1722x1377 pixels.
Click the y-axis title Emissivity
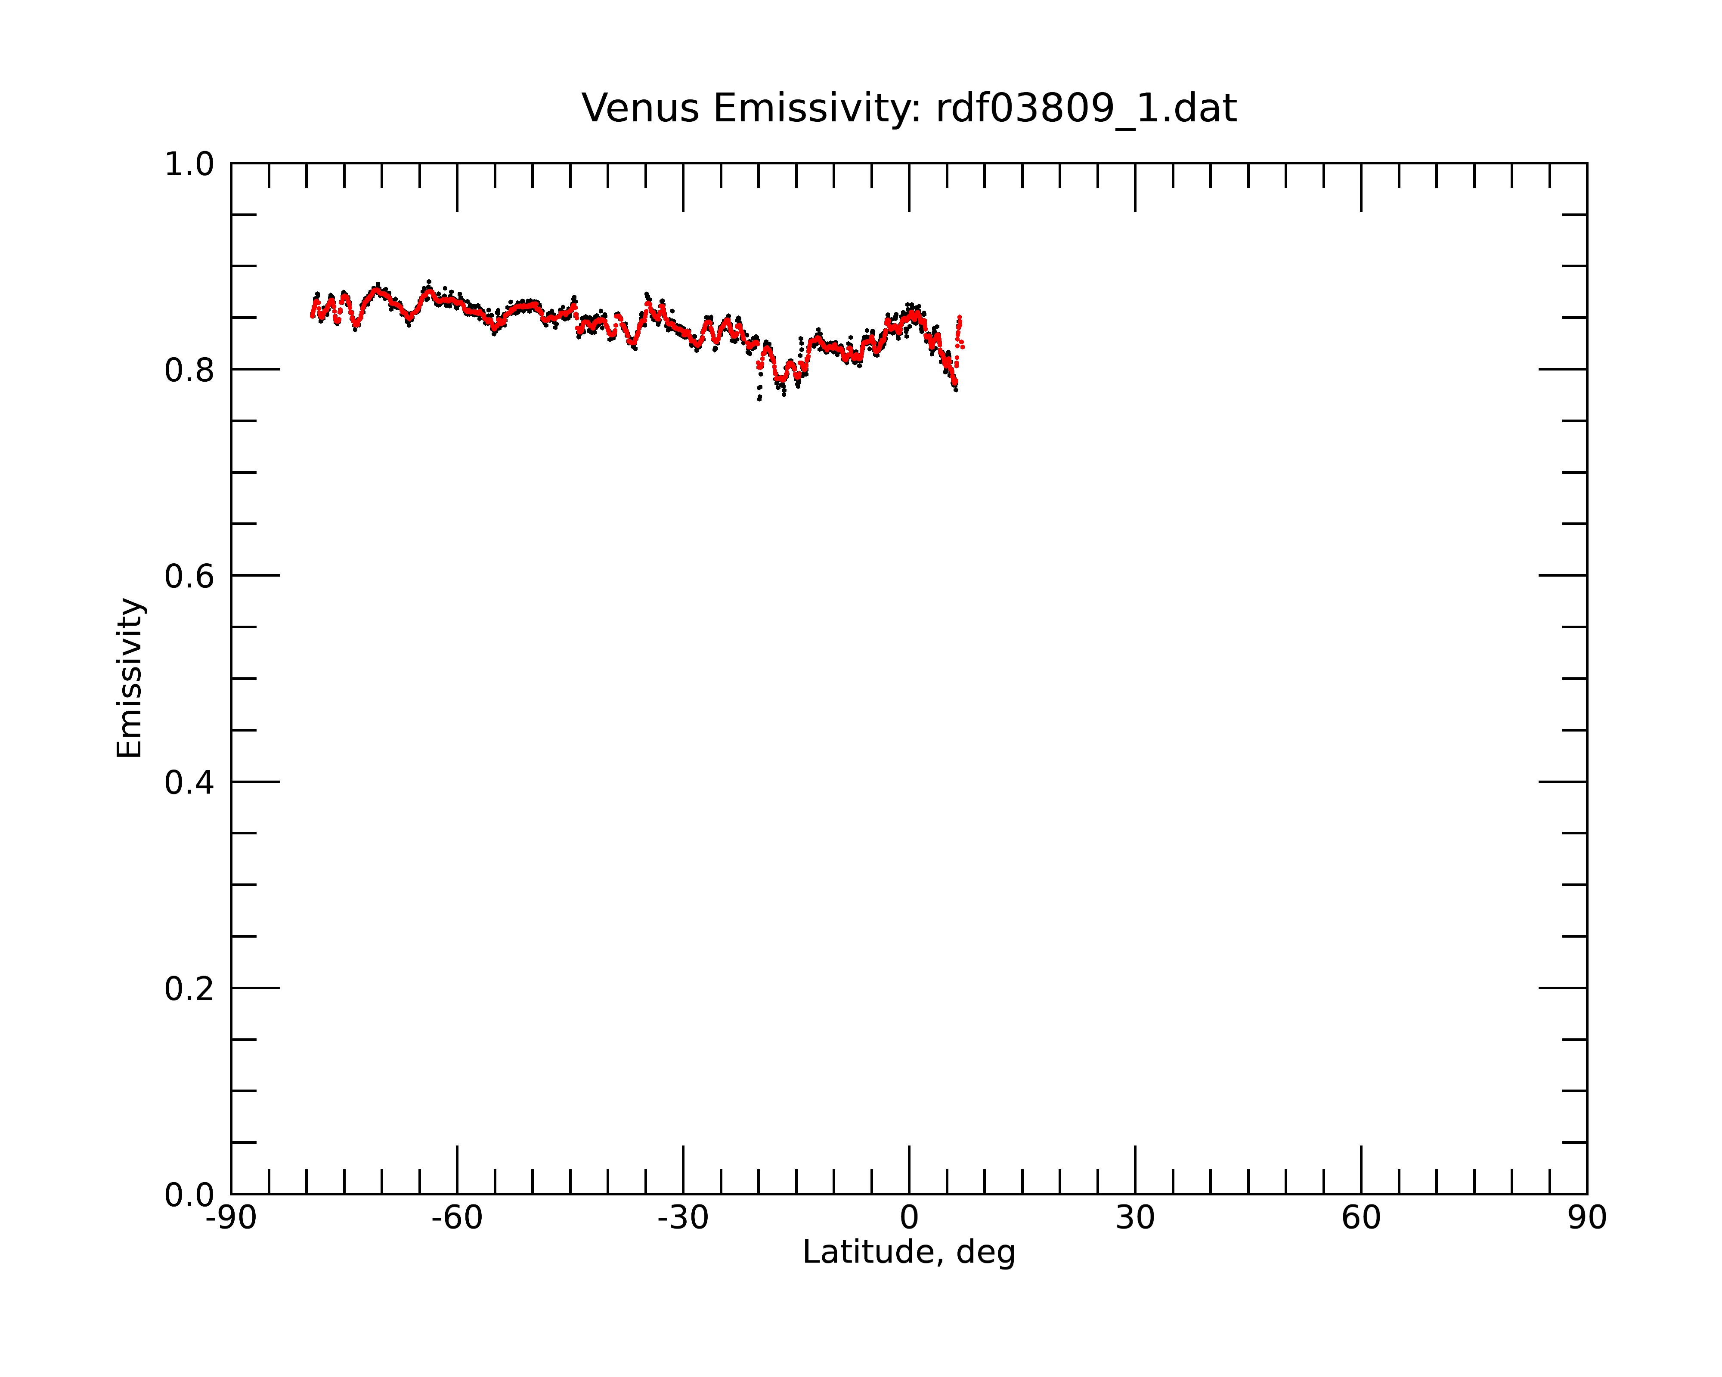point(130,678)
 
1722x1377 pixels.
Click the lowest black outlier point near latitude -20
point(759,398)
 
